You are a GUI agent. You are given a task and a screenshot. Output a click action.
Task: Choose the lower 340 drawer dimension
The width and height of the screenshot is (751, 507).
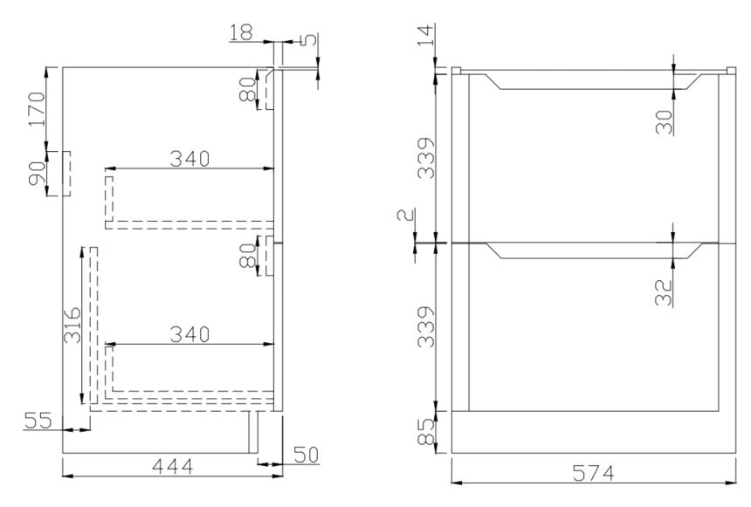pos(189,334)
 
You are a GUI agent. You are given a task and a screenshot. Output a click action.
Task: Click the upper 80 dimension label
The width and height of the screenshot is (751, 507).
pos(248,89)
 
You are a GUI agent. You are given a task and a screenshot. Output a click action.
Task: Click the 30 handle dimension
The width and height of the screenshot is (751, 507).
pos(665,121)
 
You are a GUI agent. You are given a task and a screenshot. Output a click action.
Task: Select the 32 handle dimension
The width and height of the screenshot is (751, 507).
pos(665,291)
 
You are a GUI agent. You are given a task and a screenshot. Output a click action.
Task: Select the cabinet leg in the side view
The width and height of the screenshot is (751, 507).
pos(254,432)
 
